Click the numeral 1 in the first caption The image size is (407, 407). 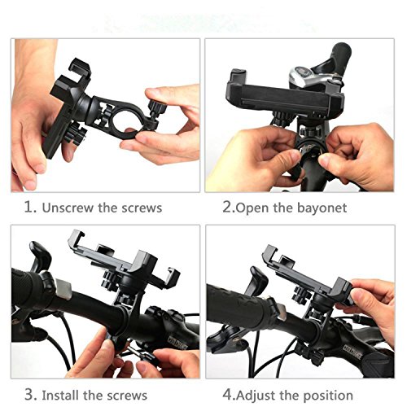(x=28, y=208)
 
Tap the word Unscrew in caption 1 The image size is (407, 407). (x=68, y=208)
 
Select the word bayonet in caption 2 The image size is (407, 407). (x=322, y=208)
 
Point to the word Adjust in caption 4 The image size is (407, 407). (x=256, y=396)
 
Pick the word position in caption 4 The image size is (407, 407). (x=328, y=396)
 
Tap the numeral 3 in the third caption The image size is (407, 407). (x=29, y=395)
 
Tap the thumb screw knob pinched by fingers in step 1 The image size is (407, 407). (x=156, y=107)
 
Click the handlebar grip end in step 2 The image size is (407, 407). (x=343, y=51)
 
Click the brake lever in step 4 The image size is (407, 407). (x=258, y=280)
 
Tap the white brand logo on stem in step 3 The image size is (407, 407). (x=177, y=343)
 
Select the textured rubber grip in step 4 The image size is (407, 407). (x=239, y=302)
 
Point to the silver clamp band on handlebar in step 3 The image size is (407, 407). (x=63, y=289)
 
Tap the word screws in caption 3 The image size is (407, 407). (x=126, y=396)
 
